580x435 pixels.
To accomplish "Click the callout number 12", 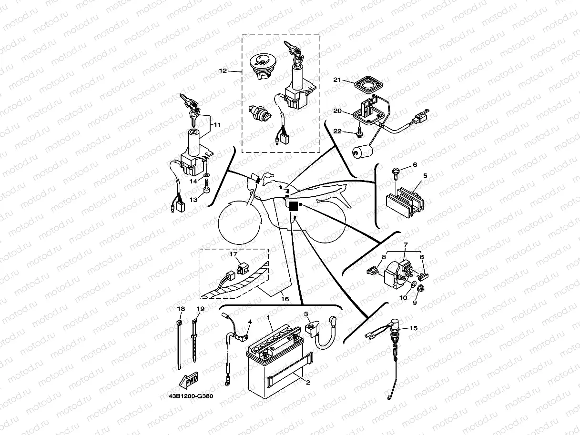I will click(x=223, y=71).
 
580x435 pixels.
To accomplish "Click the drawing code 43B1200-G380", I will click(x=190, y=396).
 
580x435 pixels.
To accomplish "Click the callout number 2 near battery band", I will click(x=308, y=382).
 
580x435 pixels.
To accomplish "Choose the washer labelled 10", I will click(x=412, y=286).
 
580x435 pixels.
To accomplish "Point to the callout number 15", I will click(x=413, y=328).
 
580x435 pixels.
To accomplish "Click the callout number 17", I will click(x=234, y=254).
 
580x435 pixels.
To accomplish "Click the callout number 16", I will click(x=285, y=299).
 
